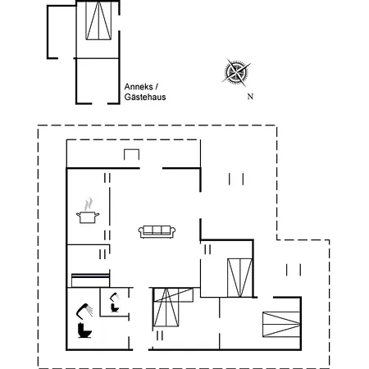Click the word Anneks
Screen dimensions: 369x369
coord(139,87)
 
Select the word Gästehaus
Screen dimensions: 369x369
coord(145,97)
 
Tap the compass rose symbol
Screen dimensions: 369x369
coord(236,72)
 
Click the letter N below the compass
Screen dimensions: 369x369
coord(250,97)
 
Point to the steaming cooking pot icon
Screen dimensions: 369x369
coord(88,211)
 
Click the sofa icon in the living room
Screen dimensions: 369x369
coord(157,232)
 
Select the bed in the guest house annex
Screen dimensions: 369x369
coord(98,20)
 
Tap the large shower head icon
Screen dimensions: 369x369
coord(84,311)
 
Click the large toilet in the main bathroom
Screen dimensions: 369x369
coord(84,330)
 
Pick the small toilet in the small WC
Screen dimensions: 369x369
coord(115,307)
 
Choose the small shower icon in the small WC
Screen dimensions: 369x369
coord(115,297)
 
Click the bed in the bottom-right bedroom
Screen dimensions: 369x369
coord(281,324)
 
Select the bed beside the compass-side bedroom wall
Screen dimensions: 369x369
coord(239,278)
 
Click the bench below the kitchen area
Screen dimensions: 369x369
coord(90,280)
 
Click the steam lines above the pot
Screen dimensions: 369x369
coord(89,204)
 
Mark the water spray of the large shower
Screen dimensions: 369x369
coord(89,311)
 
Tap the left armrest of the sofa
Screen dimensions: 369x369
coord(141,232)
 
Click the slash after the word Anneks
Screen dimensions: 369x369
coord(157,87)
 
